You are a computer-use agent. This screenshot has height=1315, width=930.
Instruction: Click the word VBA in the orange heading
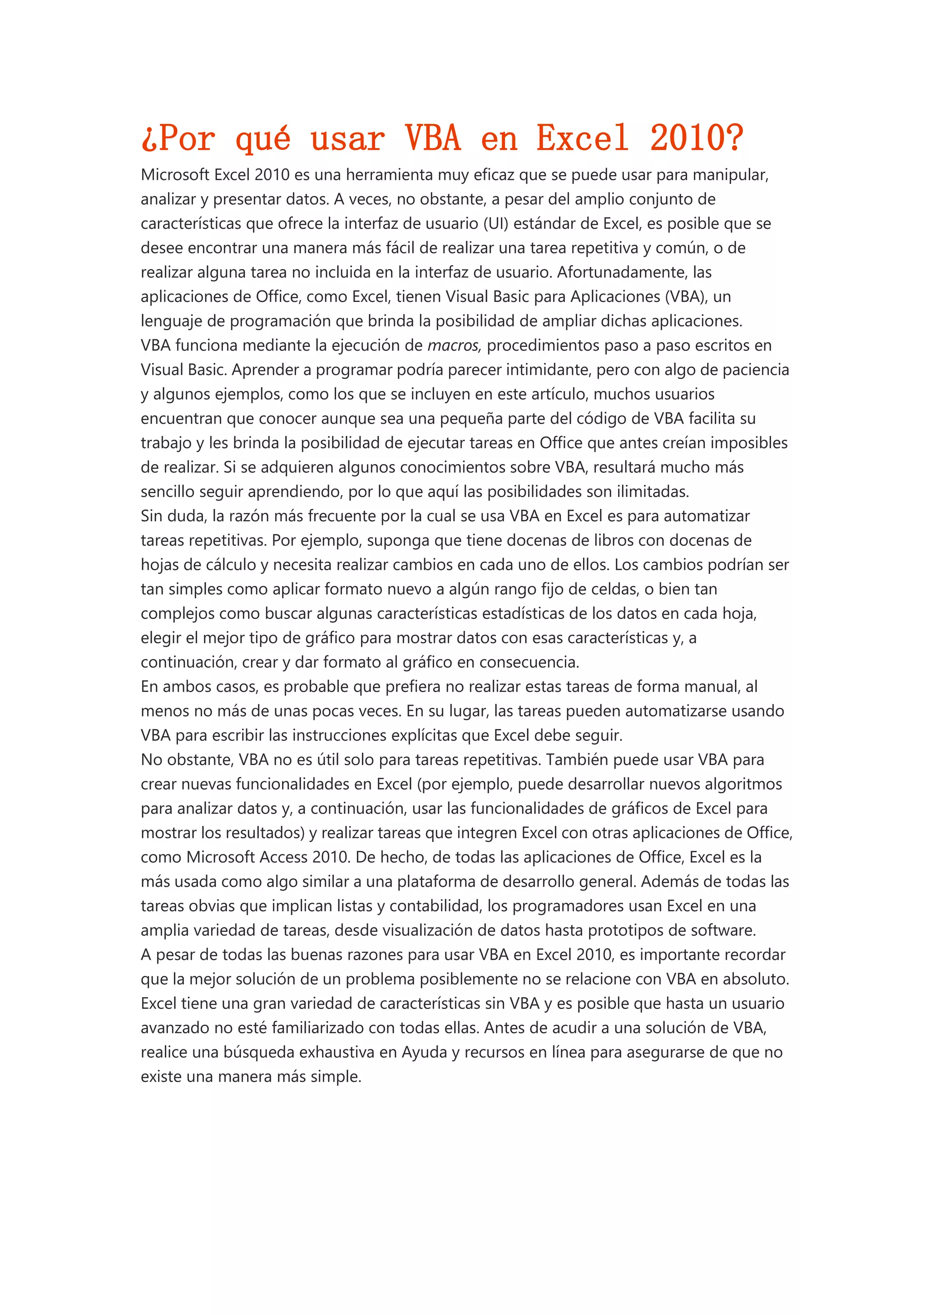[x=433, y=138]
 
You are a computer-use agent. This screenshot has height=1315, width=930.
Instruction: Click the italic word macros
[x=454, y=346]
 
